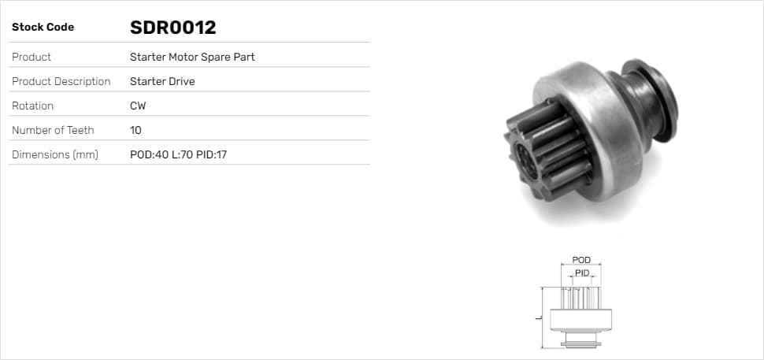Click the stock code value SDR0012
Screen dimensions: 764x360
[x=173, y=28]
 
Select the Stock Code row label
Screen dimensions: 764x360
[x=43, y=28]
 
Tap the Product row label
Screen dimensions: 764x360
[x=32, y=57]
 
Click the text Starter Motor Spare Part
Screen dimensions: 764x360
[x=192, y=57]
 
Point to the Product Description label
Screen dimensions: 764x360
[x=61, y=81]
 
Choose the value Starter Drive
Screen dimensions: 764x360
[x=162, y=81]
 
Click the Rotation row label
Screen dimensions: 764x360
[x=32, y=106]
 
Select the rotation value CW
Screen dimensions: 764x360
[x=138, y=106]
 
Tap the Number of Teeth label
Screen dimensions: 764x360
[x=53, y=130]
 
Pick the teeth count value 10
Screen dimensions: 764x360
[x=136, y=130]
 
